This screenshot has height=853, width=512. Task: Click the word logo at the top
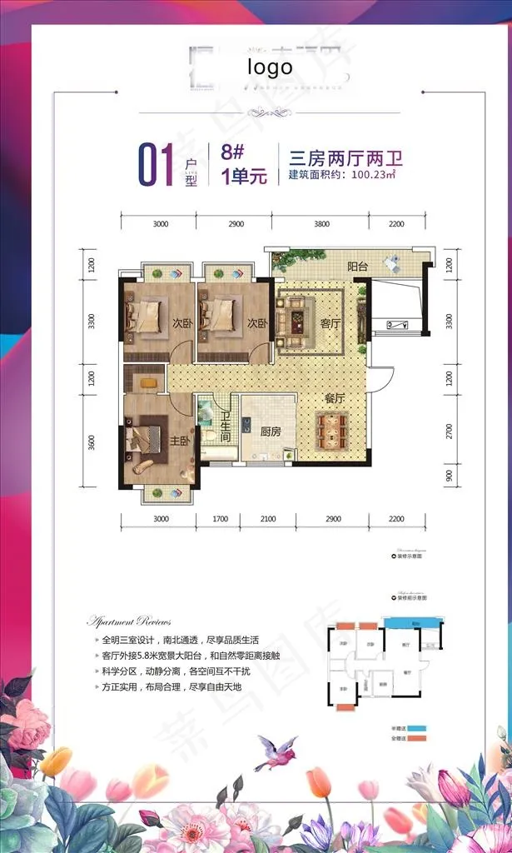[269, 67]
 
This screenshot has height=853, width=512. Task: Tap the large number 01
[155, 164]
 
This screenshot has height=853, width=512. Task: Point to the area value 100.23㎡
[373, 176]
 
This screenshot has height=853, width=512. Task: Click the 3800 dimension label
[321, 224]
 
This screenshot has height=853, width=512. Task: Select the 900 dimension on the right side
[448, 477]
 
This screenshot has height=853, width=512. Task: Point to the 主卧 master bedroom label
[181, 441]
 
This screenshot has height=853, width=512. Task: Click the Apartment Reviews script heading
[129, 621]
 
